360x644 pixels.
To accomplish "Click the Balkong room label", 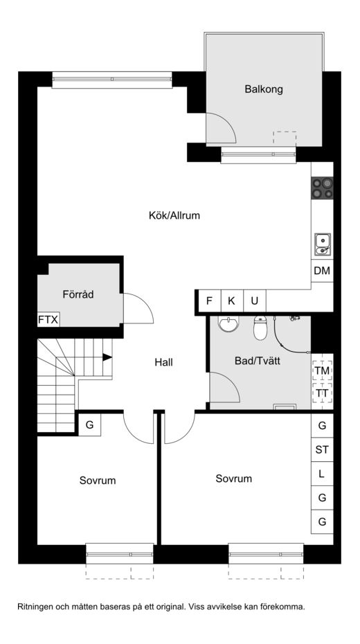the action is coord(264,89).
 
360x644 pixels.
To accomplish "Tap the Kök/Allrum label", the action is coord(174,215).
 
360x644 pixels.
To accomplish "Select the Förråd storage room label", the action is coord(78,294).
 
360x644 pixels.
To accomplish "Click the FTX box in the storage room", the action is coord(48,319).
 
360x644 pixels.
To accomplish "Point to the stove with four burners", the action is coord(322,188).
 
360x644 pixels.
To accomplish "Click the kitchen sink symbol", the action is coord(323,244).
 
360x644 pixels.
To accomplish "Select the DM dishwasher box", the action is coord(322,271).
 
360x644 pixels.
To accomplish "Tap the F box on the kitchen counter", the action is coord(210,301).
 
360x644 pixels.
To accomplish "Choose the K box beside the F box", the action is coord(232,301).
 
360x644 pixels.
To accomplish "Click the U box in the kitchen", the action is coord(255,301).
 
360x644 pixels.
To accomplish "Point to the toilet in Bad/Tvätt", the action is coord(260,328).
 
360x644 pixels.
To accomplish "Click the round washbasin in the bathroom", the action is coord(228,323).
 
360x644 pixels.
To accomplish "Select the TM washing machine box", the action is coord(322,370).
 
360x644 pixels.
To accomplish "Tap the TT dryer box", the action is coord(322,393).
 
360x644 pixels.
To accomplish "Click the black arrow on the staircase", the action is coord(107,357).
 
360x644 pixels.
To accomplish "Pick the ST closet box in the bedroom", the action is coord(322,449).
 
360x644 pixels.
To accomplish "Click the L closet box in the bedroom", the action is coord(322,474).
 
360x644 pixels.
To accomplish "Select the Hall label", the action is coord(164,362).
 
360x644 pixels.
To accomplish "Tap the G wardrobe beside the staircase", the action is coord(89,424).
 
